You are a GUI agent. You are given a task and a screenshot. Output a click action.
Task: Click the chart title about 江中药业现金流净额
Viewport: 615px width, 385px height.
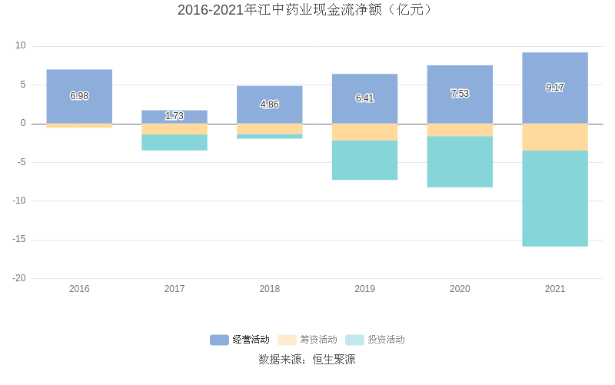coord(307,10)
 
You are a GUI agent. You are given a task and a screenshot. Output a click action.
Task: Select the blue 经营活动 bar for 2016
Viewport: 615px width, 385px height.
coord(79,96)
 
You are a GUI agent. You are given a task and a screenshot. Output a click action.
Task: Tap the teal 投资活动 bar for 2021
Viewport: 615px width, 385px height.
coord(555,198)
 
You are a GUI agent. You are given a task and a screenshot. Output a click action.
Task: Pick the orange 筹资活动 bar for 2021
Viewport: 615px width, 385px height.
coord(555,137)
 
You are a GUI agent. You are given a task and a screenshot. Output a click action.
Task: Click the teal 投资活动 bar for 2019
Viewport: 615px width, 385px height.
coord(365,160)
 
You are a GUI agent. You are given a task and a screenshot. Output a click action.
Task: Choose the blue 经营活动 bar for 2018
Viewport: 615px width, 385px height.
coord(270,105)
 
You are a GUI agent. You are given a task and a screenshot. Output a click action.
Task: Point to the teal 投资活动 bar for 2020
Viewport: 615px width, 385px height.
coord(460,161)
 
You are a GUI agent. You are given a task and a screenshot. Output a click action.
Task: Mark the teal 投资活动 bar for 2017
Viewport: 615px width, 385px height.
coord(175,142)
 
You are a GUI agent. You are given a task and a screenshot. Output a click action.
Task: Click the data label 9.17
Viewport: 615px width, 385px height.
coord(555,88)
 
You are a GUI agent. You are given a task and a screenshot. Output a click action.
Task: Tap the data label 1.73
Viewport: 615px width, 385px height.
coord(175,116)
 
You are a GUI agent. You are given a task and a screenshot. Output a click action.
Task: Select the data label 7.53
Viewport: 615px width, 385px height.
coord(460,94)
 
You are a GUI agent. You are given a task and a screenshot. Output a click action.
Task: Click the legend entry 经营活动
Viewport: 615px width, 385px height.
coord(240,340)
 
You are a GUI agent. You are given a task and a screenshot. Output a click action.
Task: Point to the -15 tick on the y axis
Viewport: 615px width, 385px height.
coord(18,239)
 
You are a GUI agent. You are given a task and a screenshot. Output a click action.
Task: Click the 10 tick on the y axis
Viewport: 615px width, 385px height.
coord(21,46)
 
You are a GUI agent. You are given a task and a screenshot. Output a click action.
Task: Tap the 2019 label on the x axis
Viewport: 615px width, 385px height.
coord(365,289)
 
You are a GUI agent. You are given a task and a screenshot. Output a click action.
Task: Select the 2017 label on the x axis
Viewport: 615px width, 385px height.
coord(175,289)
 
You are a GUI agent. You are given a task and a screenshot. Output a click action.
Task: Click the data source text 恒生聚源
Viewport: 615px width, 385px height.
coord(334,360)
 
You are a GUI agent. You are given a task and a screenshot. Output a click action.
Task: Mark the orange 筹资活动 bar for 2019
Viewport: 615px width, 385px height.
coord(365,132)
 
